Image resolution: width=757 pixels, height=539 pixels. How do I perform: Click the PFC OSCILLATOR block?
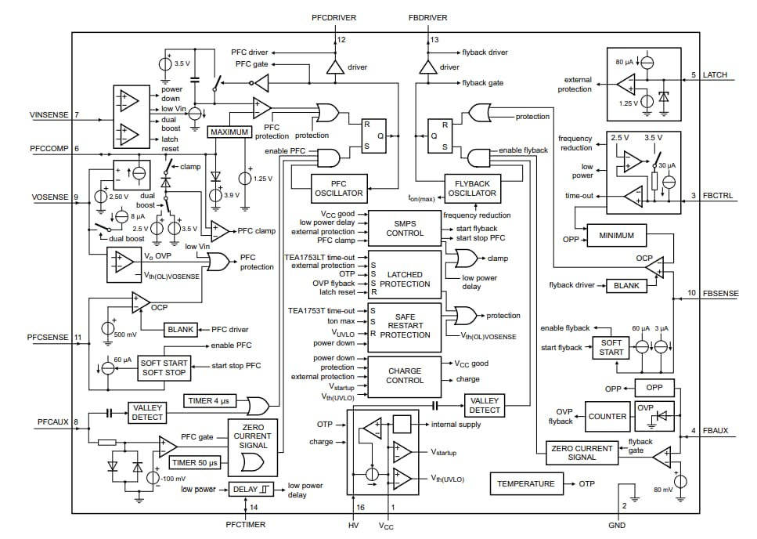point(339,188)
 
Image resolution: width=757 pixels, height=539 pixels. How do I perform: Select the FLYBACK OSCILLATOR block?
point(472,188)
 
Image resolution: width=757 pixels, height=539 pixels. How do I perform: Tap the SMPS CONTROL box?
point(404,228)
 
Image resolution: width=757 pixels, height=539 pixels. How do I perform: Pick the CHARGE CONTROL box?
point(404,376)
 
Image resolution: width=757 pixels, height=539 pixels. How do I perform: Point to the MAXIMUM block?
point(229,132)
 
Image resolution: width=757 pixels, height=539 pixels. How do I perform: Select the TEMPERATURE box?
point(526,483)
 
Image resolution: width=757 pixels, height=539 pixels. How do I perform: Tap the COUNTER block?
point(607,416)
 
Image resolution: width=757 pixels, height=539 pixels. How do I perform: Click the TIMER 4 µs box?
point(210,401)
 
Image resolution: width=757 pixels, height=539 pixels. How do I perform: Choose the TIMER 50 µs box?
point(194,463)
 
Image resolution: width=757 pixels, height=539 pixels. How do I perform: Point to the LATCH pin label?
point(715,75)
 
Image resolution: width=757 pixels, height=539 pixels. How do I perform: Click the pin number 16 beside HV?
point(360,508)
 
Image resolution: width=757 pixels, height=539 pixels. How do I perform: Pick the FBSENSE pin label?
point(718,293)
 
